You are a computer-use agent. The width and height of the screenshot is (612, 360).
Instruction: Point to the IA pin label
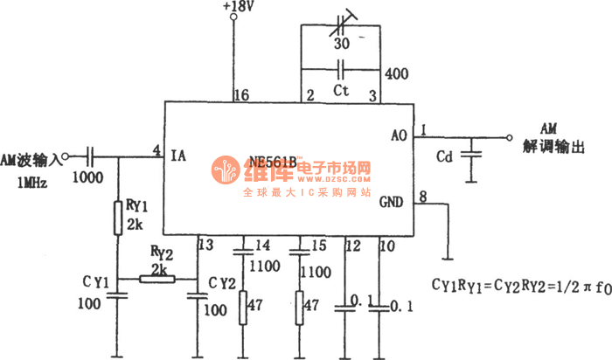tap(178, 156)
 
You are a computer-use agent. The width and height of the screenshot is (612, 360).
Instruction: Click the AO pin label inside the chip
tap(399, 135)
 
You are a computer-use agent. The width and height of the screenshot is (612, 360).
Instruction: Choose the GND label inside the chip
tap(392, 203)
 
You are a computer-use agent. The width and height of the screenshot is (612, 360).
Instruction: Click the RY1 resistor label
tap(137, 206)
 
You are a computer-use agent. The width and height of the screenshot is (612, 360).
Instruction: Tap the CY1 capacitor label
tap(96, 281)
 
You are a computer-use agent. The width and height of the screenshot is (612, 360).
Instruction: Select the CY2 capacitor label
tap(225, 281)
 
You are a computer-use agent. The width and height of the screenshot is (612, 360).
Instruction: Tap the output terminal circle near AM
tap(510, 137)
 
